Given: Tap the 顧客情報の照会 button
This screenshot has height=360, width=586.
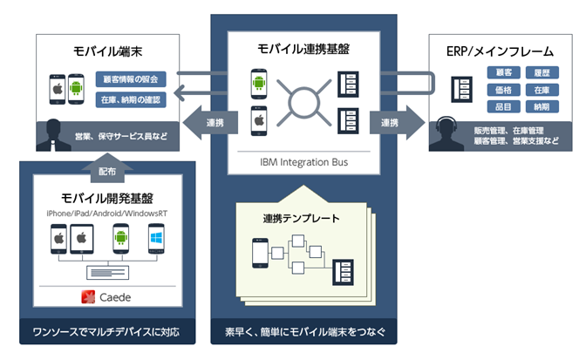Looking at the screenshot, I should pos(131,78).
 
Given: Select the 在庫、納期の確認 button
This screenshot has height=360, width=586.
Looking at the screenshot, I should pos(131,99).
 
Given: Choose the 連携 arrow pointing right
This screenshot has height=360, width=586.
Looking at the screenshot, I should pos(394,123).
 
